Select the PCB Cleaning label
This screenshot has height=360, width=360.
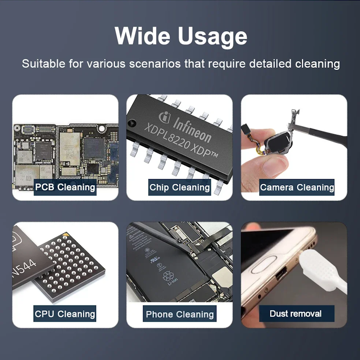tap(65, 187)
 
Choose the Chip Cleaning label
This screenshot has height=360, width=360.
tap(180, 187)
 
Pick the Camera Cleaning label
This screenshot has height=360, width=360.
tap(297, 187)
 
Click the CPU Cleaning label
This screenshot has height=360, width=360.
tap(65, 314)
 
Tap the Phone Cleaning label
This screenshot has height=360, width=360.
tap(180, 314)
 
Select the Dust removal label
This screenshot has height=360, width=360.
tap(296, 314)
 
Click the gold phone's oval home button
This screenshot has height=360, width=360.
tap(264, 264)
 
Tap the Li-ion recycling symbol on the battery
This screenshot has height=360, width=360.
tap(168, 276)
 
